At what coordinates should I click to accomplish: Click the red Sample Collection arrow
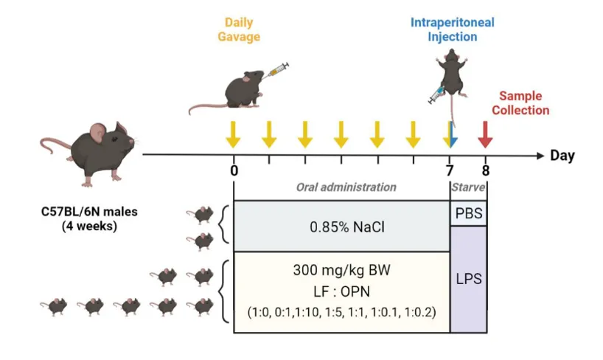[485, 134]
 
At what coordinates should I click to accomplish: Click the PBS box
[468, 212]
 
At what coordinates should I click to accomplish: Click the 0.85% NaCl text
[341, 225]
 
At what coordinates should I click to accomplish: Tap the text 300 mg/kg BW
[341, 269]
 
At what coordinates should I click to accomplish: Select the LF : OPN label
[341, 291]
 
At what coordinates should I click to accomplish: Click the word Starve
[468, 187]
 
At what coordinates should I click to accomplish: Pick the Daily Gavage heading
[238, 30]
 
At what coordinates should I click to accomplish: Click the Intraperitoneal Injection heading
[453, 30]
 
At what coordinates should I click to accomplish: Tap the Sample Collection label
[520, 103]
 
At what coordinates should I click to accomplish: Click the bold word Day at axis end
[562, 156]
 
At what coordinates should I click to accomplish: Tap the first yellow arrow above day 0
[233, 134]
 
